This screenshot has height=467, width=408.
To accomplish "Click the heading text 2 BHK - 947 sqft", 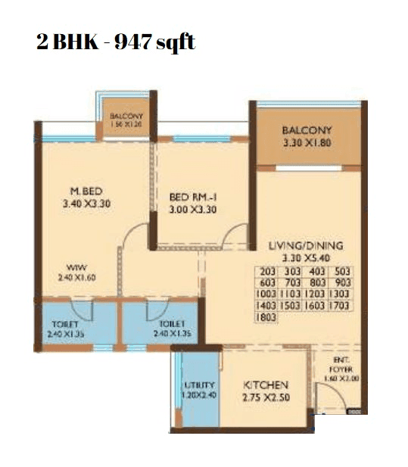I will [x=115, y=42].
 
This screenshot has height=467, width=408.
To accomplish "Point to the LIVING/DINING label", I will [x=306, y=245].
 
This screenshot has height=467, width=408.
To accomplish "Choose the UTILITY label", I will [x=199, y=384].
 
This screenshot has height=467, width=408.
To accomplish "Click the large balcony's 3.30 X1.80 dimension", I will [x=307, y=142].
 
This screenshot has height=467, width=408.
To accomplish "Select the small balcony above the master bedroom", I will [x=126, y=120].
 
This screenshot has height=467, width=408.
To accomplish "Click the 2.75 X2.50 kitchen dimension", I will [x=263, y=396].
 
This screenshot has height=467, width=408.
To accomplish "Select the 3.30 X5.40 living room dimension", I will [x=306, y=257].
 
